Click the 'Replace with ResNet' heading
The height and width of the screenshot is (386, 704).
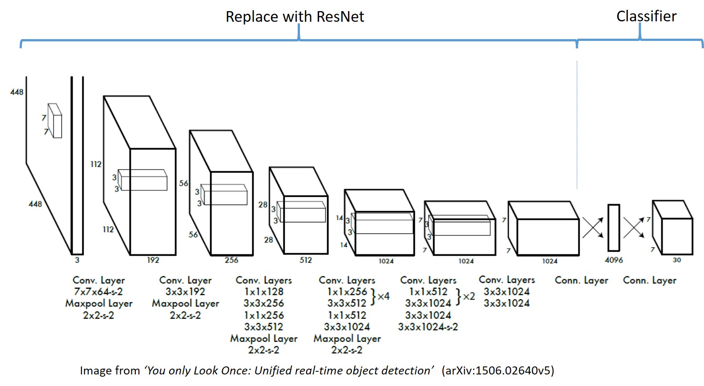[295, 17]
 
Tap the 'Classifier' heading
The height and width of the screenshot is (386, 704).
[646, 16]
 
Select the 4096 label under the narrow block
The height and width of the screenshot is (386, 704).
[614, 260]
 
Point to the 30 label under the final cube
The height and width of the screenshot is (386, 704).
[676, 260]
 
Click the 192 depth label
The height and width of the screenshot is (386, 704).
[153, 260]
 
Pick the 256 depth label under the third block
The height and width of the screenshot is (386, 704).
[231, 260]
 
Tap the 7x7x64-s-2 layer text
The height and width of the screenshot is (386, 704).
[98, 292]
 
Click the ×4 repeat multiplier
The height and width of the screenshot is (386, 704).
[383, 296]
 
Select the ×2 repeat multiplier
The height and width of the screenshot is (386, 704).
[468, 296]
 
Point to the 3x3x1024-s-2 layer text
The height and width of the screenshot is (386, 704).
[428, 327]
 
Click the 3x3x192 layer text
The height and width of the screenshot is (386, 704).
[185, 292]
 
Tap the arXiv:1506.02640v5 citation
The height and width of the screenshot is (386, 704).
[498, 370]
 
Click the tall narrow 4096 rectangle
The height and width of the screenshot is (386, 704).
[614, 228]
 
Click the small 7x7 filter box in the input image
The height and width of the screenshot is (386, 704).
[55, 121]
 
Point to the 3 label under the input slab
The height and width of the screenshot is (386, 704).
[77, 260]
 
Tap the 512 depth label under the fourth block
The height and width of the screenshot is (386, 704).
[306, 260]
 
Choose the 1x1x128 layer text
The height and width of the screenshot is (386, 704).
[263, 292]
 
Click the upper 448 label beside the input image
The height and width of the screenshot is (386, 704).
[17, 92]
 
